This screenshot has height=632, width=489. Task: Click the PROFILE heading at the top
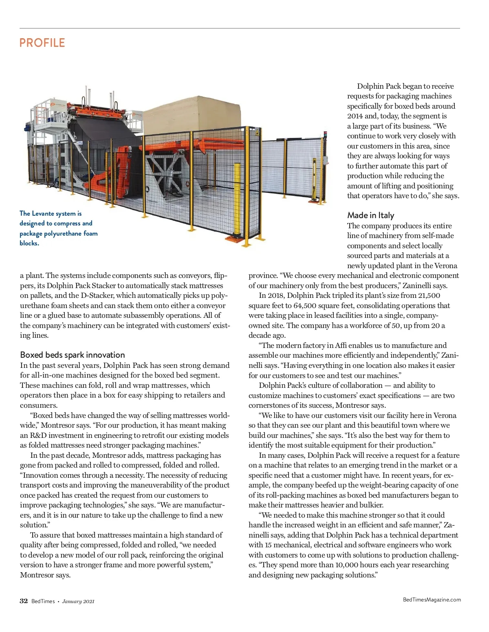pos(42,43)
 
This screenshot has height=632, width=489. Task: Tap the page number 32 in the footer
pos(24,601)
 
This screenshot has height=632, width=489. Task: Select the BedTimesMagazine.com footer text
pos(432,599)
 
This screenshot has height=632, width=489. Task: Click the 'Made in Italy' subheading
pos(370,215)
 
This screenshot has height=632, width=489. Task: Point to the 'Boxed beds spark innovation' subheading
pos(72,354)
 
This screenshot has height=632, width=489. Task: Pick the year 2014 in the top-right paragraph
pos(355,116)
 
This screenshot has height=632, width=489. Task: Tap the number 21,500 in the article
pos(429,295)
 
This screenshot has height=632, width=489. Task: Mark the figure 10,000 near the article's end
pos(345,565)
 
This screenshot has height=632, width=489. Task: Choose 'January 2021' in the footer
pos(78,601)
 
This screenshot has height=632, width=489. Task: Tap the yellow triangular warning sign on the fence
pos(257,133)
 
